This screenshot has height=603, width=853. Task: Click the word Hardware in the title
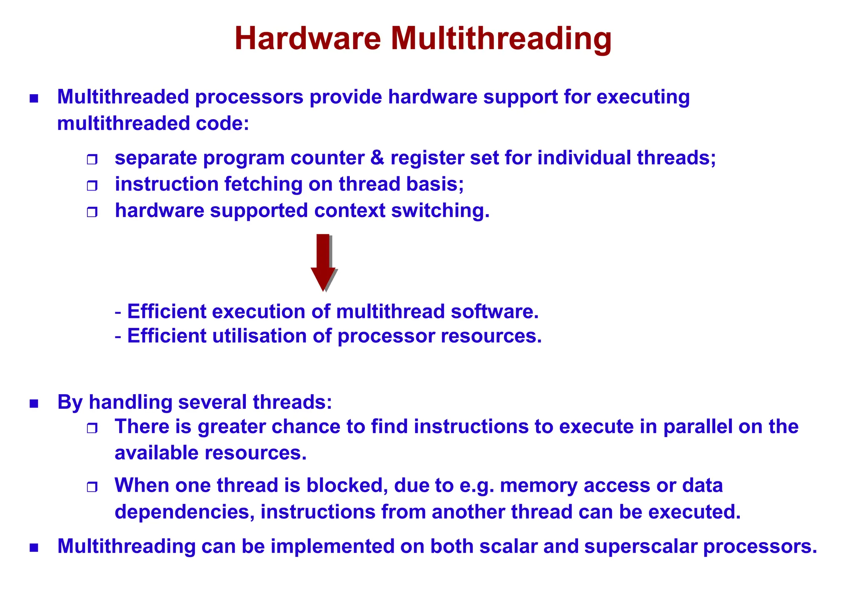click(x=307, y=39)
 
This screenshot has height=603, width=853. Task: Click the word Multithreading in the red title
click(x=501, y=39)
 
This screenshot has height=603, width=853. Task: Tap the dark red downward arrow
click(x=323, y=263)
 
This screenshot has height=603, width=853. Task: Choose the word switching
click(x=440, y=210)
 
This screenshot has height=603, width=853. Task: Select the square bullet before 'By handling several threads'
click(x=34, y=403)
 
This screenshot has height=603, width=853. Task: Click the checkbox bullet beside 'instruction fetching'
click(x=92, y=186)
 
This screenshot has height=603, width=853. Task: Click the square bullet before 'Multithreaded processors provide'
click(x=34, y=99)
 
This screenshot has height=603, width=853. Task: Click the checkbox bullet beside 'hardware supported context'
click(x=92, y=212)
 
